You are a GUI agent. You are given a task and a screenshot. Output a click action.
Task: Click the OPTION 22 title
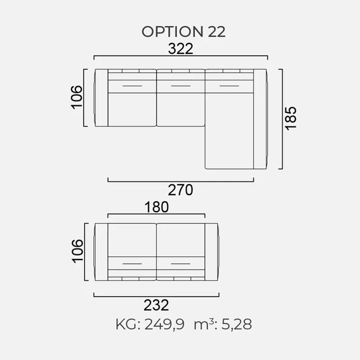(x=183, y=31)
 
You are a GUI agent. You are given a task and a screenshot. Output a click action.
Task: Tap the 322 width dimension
(x=180, y=48)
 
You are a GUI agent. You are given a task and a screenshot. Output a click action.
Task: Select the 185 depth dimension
(x=291, y=118)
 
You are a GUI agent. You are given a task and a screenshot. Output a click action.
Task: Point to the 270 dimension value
(x=180, y=190)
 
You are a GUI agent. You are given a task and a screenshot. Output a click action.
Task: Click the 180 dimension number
(x=156, y=207)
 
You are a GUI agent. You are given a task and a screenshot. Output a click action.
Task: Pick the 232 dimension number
(x=156, y=305)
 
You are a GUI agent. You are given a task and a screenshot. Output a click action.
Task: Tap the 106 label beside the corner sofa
(x=76, y=97)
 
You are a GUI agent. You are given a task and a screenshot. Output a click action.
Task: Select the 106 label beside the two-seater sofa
(x=77, y=251)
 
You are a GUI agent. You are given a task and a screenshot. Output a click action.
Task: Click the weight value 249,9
(x=164, y=324)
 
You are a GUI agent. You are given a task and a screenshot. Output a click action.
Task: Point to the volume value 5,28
(x=236, y=324)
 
